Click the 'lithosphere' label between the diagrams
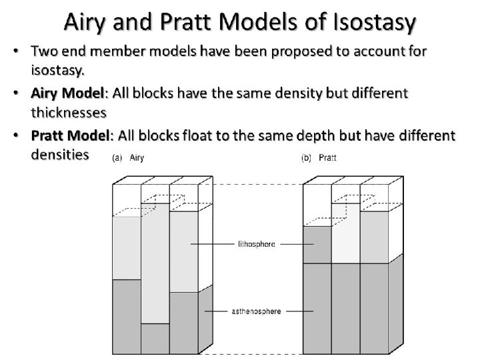click(257, 245)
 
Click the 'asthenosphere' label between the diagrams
click(257, 311)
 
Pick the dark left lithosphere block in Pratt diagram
click(317, 245)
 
